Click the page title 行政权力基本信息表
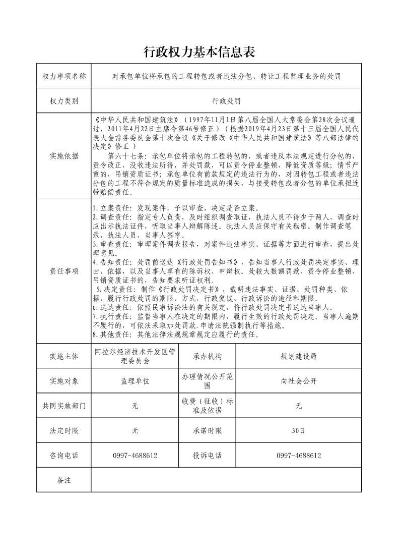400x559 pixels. (x=199, y=51)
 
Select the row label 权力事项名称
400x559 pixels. (x=64, y=76)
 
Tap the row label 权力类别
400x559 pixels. (x=64, y=101)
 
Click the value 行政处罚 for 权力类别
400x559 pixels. (x=226, y=101)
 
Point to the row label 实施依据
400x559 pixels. (x=64, y=156)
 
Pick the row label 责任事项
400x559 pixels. (x=64, y=271)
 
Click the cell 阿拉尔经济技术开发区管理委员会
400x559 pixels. (x=135, y=356)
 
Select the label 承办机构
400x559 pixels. (x=207, y=356)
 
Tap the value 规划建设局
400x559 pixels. (x=299, y=356)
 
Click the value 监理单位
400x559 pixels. (x=135, y=381)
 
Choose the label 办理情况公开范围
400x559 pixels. (x=207, y=381)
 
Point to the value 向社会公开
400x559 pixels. (x=299, y=381)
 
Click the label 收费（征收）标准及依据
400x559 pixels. (x=207, y=406)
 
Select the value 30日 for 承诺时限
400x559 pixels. (x=299, y=431)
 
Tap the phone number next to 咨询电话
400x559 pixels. (x=135, y=456)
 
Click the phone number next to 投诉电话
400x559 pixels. (x=299, y=456)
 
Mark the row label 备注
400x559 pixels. (x=64, y=480)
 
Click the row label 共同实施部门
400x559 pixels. (x=64, y=406)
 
